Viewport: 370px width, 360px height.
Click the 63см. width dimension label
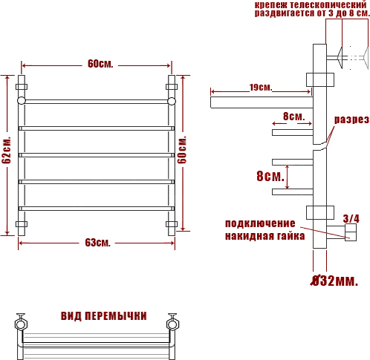(x=97, y=243)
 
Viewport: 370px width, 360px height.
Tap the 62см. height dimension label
(x=7, y=150)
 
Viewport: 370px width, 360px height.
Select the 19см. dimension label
(x=261, y=88)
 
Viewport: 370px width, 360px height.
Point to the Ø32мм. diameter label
(x=334, y=281)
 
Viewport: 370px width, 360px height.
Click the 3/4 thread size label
(x=351, y=218)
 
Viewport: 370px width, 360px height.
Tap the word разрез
(x=351, y=120)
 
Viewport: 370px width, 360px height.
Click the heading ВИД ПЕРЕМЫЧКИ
(x=104, y=316)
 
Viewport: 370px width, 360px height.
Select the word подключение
(x=260, y=223)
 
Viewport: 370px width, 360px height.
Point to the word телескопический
(x=328, y=4)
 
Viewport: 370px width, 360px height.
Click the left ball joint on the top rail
(x=22, y=101)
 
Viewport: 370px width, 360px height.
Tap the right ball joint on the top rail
(x=172, y=101)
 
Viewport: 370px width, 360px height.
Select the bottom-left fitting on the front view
(x=22, y=224)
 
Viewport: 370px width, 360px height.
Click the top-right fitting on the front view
(x=172, y=87)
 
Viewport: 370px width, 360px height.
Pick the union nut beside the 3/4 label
(x=351, y=232)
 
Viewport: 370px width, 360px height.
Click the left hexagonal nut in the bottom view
(x=21, y=324)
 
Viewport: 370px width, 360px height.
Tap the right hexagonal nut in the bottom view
(x=172, y=324)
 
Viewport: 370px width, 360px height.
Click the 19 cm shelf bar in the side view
(x=262, y=102)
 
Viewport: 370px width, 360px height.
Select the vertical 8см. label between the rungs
(x=270, y=176)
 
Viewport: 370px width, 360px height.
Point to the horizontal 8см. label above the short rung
(x=293, y=117)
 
